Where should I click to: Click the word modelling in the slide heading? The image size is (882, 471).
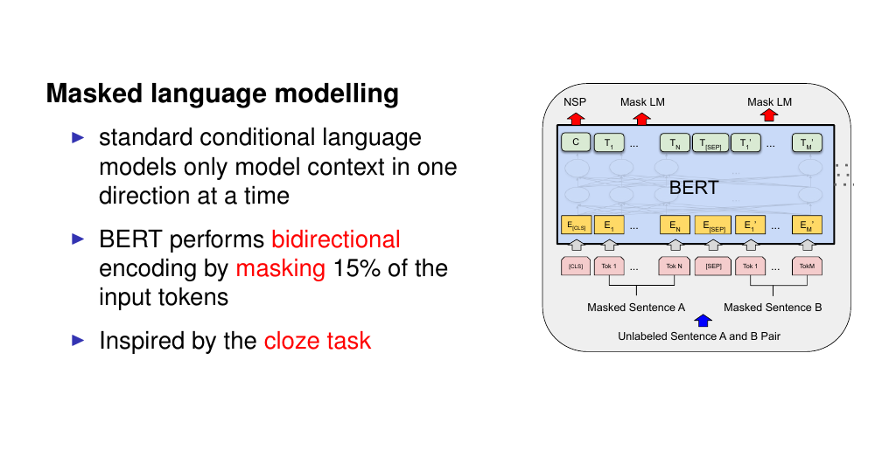[x=336, y=94]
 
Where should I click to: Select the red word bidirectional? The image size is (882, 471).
[x=336, y=239]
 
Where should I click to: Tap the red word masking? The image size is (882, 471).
[x=281, y=269]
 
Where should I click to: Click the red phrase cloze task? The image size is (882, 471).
[x=318, y=341]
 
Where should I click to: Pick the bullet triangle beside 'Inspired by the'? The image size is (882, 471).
[x=78, y=340]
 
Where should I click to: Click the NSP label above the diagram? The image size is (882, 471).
[x=575, y=101]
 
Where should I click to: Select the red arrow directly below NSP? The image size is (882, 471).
[x=576, y=118]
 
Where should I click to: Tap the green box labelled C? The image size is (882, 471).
[x=576, y=142]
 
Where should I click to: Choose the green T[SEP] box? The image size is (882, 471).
[x=710, y=142]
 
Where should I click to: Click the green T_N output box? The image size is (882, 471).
[x=675, y=142]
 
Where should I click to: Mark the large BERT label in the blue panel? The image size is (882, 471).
[x=694, y=188]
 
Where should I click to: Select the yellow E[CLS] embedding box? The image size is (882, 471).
[x=576, y=225]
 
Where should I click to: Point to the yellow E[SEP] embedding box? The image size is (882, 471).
[x=713, y=225]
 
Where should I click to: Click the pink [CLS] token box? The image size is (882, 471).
[x=576, y=266]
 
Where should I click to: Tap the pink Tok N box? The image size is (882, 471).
[x=674, y=266]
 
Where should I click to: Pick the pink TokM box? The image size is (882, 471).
[x=807, y=266]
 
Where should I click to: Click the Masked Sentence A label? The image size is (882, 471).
[x=636, y=308]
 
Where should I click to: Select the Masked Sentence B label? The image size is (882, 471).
[x=773, y=308]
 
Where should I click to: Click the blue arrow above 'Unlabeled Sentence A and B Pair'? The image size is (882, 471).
[x=703, y=321]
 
